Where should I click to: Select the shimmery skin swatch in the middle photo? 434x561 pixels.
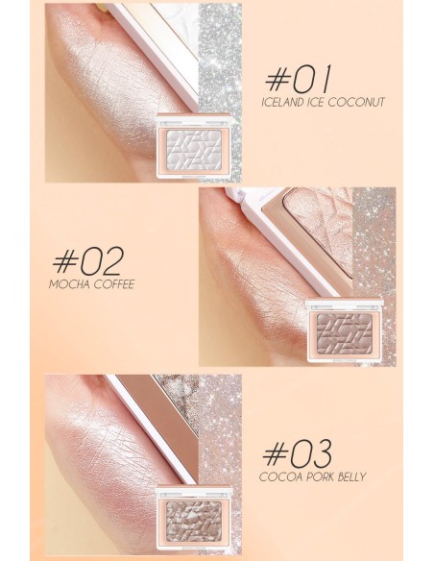click(254, 279)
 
